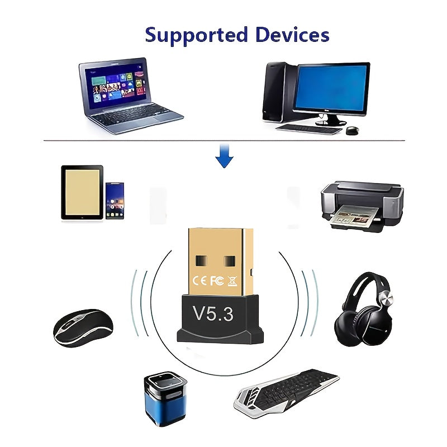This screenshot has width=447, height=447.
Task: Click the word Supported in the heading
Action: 196,36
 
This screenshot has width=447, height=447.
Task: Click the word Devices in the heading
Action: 292,35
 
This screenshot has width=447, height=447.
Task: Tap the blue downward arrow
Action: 225,156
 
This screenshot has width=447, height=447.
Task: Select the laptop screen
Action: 117,85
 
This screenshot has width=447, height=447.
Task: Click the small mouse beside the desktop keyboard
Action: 353,131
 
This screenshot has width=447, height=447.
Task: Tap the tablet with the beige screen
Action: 82,192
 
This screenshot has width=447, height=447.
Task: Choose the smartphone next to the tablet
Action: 115,201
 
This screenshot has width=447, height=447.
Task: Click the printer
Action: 362,206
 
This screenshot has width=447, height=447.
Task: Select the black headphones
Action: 364,309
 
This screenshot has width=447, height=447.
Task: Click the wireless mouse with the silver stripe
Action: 83,327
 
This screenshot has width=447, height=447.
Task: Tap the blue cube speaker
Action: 165,398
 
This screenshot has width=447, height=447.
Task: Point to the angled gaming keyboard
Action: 286,393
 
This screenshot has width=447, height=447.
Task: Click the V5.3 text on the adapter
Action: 213,313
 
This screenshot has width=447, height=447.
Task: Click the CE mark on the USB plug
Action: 199,281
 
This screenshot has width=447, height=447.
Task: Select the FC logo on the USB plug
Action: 217,281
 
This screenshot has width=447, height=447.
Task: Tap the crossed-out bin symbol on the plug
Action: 232,281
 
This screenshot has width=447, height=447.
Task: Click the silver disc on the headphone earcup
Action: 386,299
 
